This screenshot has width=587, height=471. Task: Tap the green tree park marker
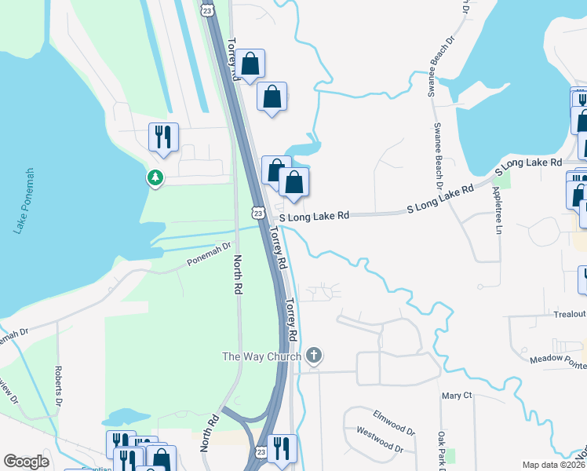pyautogui.click(x=155, y=177)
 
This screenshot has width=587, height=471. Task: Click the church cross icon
pyautogui.click(x=313, y=356)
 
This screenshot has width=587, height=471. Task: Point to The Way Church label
pyautogui.click(x=261, y=357)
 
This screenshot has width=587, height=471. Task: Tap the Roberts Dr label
pyautogui.click(x=58, y=383)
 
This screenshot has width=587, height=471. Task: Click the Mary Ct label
pyautogui.click(x=456, y=396)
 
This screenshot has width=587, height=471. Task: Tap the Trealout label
pyautogui.click(x=569, y=314)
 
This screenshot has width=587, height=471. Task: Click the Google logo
pyautogui.click(x=27, y=462)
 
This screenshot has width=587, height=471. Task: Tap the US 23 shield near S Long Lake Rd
pyautogui.click(x=257, y=213)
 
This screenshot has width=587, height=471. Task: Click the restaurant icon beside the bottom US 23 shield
pyautogui.click(x=282, y=447)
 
